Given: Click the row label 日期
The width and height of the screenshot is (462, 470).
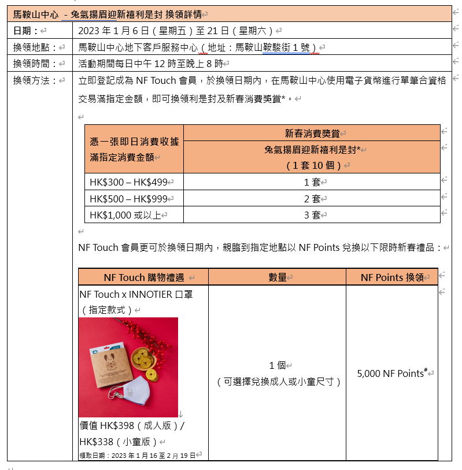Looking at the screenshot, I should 26,31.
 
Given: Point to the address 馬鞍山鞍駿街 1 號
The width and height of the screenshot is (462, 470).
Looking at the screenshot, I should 276,47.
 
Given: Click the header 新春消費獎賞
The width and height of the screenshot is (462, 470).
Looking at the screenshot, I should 312,133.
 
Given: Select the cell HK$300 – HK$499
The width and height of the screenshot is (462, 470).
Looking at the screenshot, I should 128,182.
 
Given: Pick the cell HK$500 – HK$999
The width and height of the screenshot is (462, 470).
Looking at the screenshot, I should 128,198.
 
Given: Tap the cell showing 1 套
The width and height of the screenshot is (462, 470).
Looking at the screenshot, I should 312,182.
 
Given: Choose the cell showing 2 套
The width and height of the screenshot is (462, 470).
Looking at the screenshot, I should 312,198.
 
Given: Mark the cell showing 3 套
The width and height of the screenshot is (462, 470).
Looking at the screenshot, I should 312,214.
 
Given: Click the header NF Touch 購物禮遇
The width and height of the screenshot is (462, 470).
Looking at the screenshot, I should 141,277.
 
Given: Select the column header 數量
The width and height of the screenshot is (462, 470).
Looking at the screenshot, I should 277,277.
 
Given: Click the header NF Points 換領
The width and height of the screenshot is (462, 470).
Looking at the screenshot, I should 391,277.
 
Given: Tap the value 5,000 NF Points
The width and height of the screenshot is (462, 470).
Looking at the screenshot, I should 391,373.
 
